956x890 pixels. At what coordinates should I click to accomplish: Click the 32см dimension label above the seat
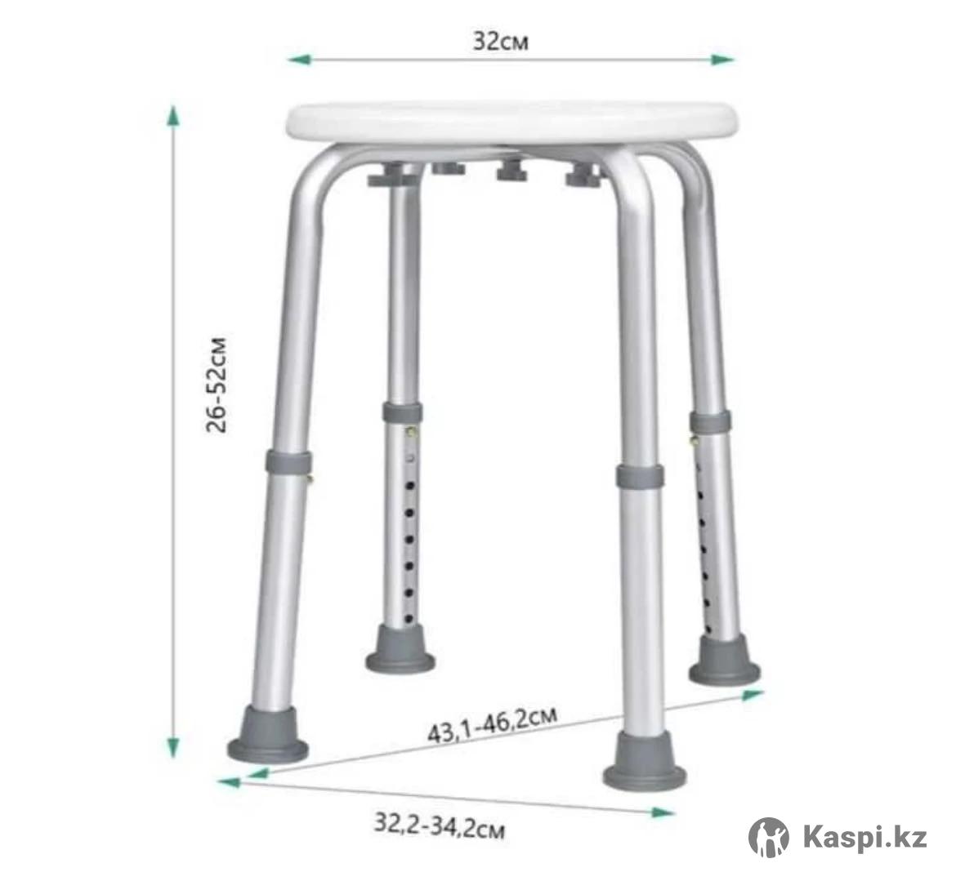point(501,42)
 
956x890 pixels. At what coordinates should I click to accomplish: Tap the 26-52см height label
point(217,385)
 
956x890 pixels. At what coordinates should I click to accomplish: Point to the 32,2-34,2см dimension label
point(439,826)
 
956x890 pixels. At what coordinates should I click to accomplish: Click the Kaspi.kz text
point(865,837)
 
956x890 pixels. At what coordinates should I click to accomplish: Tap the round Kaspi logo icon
point(768,837)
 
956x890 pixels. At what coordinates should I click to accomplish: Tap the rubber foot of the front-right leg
point(645,761)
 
